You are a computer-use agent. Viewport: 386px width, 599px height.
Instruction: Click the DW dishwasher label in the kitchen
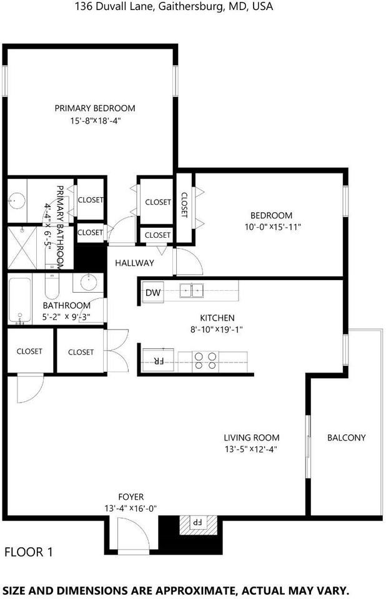tap(152, 292)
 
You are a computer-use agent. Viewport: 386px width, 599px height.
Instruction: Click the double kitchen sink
tap(193, 290)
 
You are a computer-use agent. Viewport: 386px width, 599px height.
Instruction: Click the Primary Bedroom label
tap(94, 108)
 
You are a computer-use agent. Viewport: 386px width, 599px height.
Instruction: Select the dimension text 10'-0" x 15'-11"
tap(273, 227)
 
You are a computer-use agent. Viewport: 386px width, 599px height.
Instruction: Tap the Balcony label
tap(346, 437)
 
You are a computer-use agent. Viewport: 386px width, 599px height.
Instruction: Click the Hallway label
tap(134, 263)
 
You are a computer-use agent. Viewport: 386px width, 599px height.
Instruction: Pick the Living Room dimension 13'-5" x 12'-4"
tap(251, 449)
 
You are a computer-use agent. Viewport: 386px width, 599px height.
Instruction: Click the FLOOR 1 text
tap(29, 552)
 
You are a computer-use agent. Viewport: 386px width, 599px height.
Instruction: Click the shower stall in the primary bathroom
tap(22, 249)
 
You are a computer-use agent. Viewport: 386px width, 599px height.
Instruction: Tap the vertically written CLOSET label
tap(184, 205)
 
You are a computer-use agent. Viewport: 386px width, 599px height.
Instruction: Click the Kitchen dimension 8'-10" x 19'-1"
tap(217, 329)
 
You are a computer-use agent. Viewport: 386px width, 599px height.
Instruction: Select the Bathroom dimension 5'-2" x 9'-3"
tap(66, 317)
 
